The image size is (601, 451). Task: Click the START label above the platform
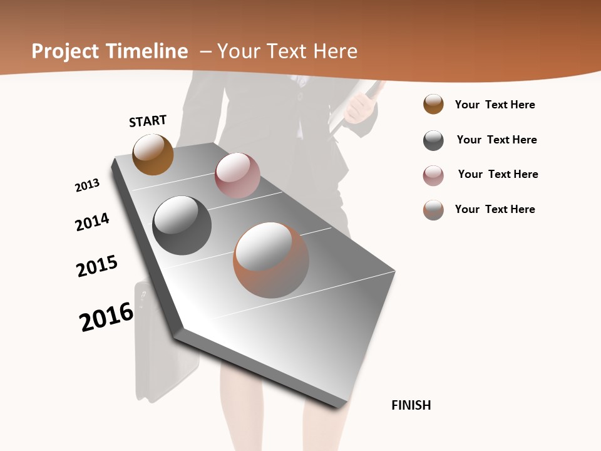point(148,121)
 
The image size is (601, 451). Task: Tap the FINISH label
point(411,405)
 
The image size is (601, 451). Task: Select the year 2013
point(87,185)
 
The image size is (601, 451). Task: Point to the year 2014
point(92,222)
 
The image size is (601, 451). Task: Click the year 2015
point(97,266)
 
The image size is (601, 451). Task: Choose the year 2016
point(106,316)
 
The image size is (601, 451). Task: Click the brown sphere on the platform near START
point(153,154)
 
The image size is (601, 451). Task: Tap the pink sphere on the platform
point(237,175)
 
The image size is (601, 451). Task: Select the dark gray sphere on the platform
point(182,225)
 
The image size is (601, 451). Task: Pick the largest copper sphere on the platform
point(271,260)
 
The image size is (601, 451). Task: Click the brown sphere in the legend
point(433,104)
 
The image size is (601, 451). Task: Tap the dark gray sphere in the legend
point(433,140)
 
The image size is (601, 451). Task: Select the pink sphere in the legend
point(433,175)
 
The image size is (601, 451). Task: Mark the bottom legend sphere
point(433,210)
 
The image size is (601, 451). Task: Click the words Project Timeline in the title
point(110,51)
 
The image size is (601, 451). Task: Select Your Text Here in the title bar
point(287,51)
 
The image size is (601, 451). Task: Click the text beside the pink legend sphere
point(498,174)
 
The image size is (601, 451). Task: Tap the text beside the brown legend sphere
point(495,105)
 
